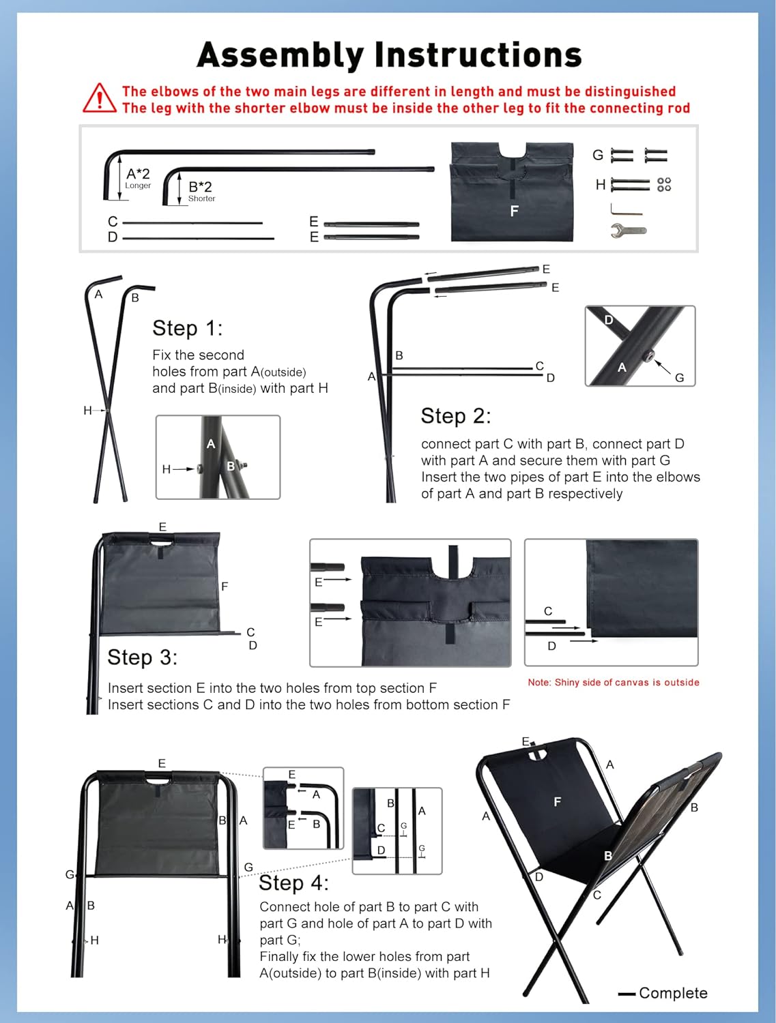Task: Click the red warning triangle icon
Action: (x=100, y=99)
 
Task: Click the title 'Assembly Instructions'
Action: (x=389, y=55)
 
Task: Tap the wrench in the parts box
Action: (x=628, y=231)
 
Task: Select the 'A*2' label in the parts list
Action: (x=138, y=174)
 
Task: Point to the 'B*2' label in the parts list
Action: (x=200, y=186)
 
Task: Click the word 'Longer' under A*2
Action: (x=138, y=186)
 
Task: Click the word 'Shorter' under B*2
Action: (x=201, y=198)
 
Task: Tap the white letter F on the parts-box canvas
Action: (x=514, y=211)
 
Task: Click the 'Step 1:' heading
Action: (x=187, y=328)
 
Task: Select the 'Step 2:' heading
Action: (x=455, y=416)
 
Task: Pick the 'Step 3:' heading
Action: (x=142, y=657)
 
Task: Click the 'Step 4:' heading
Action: (x=293, y=883)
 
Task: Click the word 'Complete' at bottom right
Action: (x=673, y=993)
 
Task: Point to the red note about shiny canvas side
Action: (x=613, y=682)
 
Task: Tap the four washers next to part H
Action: (x=663, y=185)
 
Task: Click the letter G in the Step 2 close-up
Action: (x=679, y=377)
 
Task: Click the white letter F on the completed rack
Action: (x=558, y=802)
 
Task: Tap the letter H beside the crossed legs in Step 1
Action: (x=87, y=410)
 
